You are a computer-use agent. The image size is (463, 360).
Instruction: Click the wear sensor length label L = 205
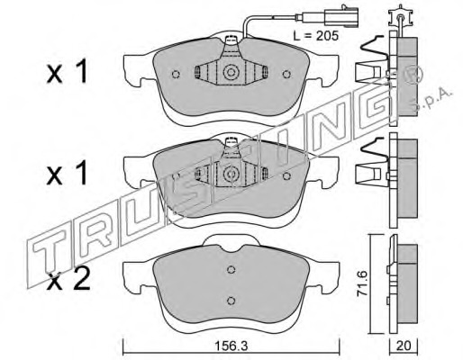(316, 36)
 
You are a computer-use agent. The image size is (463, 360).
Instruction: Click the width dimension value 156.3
(231, 346)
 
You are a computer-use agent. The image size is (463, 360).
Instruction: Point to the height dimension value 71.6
(362, 283)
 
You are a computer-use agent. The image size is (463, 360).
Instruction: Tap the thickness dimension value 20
(404, 346)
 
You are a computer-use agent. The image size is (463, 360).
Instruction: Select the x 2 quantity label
(68, 281)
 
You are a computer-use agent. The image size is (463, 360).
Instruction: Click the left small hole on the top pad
(176, 74)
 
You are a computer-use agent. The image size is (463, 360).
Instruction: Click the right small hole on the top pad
(286, 74)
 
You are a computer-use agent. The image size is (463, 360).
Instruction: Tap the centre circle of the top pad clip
(231, 72)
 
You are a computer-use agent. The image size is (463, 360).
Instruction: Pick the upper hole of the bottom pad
(231, 270)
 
